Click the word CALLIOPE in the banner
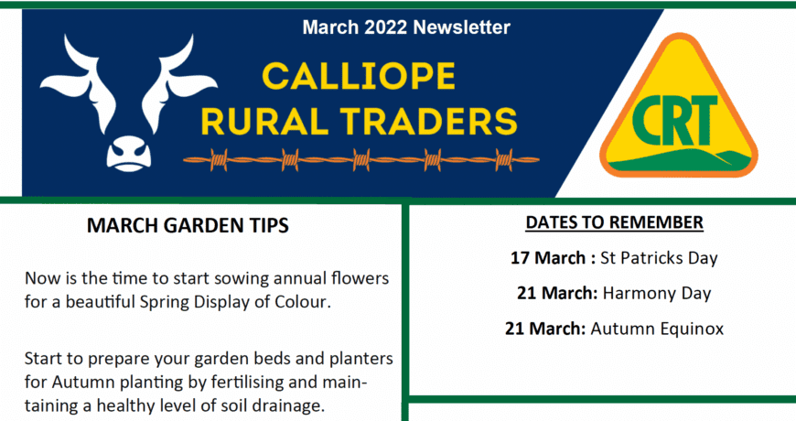pyautogui.click(x=359, y=76)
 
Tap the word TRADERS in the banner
pyautogui.click(x=429, y=122)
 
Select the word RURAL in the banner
pyautogui.click(x=264, y=122)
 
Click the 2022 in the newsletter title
pyautogui.click(x=386, y=27)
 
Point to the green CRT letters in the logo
pyautogui.click(x=674, y=121)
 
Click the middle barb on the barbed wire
pyautogui.click(x=360, y=160)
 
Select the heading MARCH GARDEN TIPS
pyautogui.click(x=188, y=225)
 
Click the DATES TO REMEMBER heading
pyautogui.click(x=614, y=222)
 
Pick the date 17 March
pyautogui.click(x=548, y=258)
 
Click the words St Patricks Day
pyautogui.click(x=659, y=258)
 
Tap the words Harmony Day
pyautogui.click(x=657, y=294)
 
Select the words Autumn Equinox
pyautogui.click(x=657, y=329)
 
